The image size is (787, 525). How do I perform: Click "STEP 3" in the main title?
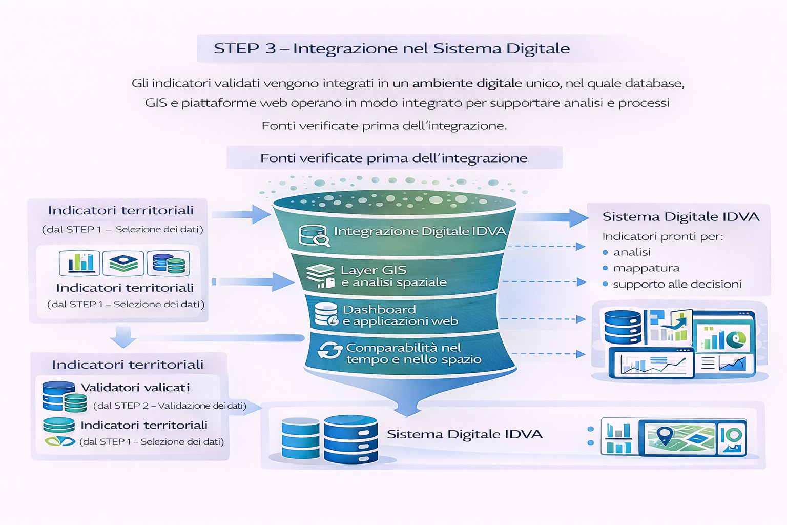[244, 48]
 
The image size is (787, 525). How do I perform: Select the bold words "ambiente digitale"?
[467, 83]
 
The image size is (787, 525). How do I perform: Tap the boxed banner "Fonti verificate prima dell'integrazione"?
[393, 158]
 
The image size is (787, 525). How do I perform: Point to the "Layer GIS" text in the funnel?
[374, 270]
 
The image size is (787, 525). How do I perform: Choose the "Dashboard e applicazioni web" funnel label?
[400, 315]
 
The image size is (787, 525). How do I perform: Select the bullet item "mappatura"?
[646, 268]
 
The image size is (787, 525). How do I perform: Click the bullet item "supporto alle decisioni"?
[677, 284]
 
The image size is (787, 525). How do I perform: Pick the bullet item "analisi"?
[632, 252]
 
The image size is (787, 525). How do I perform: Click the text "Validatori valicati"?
[135, 388]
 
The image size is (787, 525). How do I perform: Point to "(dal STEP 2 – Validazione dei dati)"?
[170, 406]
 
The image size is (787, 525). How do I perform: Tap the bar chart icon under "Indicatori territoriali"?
[79, 262]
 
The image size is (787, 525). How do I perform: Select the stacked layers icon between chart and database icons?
[123, 262]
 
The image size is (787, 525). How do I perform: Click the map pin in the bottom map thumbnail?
[665, 435]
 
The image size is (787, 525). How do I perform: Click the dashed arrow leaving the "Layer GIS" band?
[544, 282]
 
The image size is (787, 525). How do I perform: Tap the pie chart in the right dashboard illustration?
[738, 338]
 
